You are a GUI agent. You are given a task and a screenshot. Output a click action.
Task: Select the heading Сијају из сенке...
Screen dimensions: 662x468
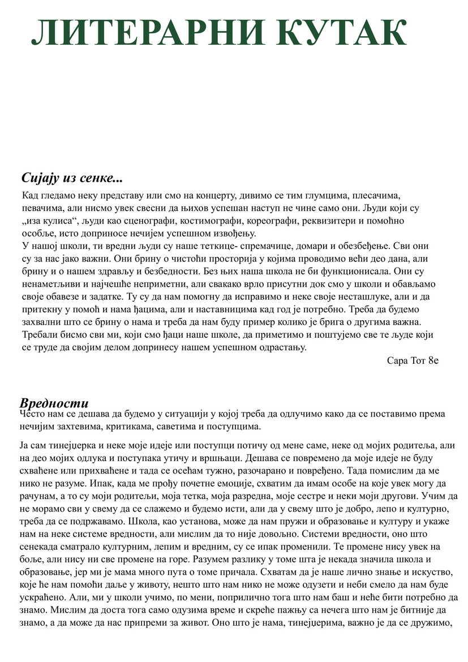(x=72, y=178)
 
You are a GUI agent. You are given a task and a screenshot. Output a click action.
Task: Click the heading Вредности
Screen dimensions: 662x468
(x=54, y=403)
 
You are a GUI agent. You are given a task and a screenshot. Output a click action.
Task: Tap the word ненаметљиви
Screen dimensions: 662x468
(x=50, y=284)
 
